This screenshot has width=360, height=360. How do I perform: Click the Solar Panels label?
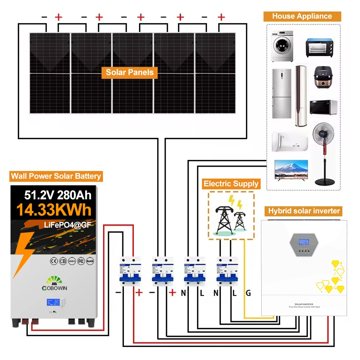coord(130,72)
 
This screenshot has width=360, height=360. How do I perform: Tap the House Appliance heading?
coord(302,16)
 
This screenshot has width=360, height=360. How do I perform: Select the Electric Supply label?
coord(231,184)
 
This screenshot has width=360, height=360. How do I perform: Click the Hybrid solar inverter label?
coord(304,211)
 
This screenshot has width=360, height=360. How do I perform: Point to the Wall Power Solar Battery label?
coord(56,176)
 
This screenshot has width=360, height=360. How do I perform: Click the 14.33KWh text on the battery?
coord(54,210)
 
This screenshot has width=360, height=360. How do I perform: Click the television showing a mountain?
coord(291,169)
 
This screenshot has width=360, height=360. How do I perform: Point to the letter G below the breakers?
coord(248,293)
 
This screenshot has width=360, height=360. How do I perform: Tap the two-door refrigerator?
coord(282,94)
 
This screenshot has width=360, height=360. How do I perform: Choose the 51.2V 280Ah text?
coord(58,195)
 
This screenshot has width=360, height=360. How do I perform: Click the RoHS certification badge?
coord(90,261)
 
